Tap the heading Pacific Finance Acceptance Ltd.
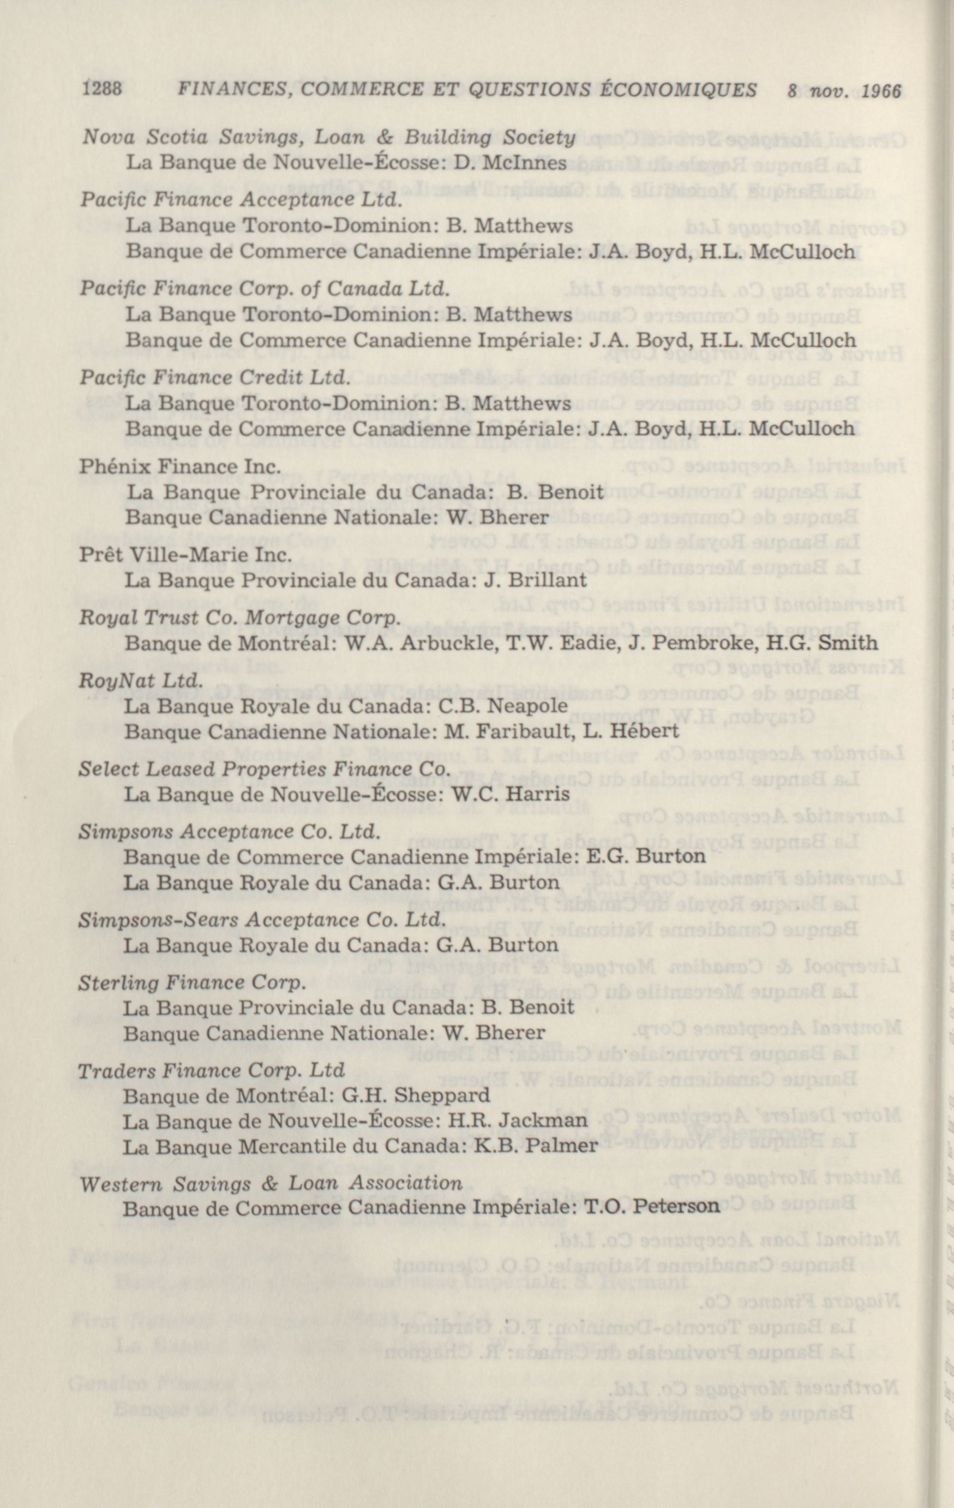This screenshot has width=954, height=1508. click(241, 200)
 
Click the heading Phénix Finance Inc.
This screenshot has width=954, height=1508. click(179, 467)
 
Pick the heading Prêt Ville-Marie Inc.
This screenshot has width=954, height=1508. click(185, 556)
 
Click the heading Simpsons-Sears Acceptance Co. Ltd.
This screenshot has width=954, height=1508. click(261, 920)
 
